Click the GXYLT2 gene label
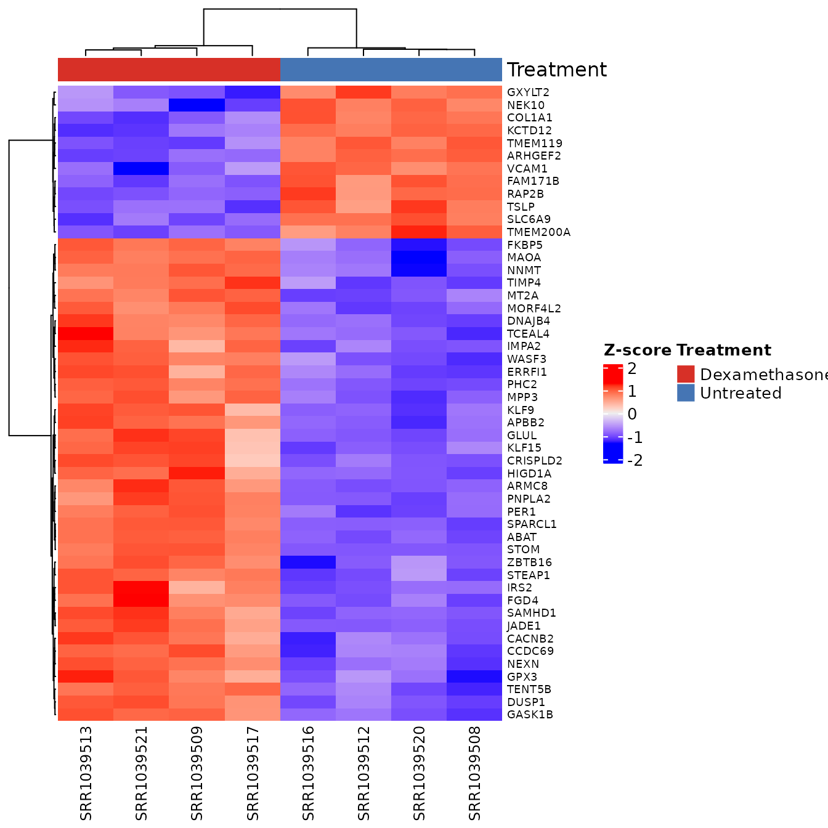[528, 92]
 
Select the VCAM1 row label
[527, 169]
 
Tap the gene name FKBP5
[524, 245]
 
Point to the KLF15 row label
[524, 448]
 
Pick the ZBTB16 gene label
[529, 562]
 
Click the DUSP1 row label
[526, 702]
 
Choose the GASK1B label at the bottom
[530, 715]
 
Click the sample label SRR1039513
[86, 773]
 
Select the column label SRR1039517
[253, 773]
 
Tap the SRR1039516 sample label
[308, 773]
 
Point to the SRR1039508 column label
[474, 773]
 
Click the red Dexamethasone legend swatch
[686, 374]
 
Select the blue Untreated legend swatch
[686, 393]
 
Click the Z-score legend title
[637, 351]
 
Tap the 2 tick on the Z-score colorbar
[632, 369]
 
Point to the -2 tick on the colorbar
[635, 460]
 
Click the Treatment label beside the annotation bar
[556, 70]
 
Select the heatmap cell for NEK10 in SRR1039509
[197, 105]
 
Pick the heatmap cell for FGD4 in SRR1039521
[141, 601]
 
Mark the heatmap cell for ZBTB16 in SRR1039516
[308, 562]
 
